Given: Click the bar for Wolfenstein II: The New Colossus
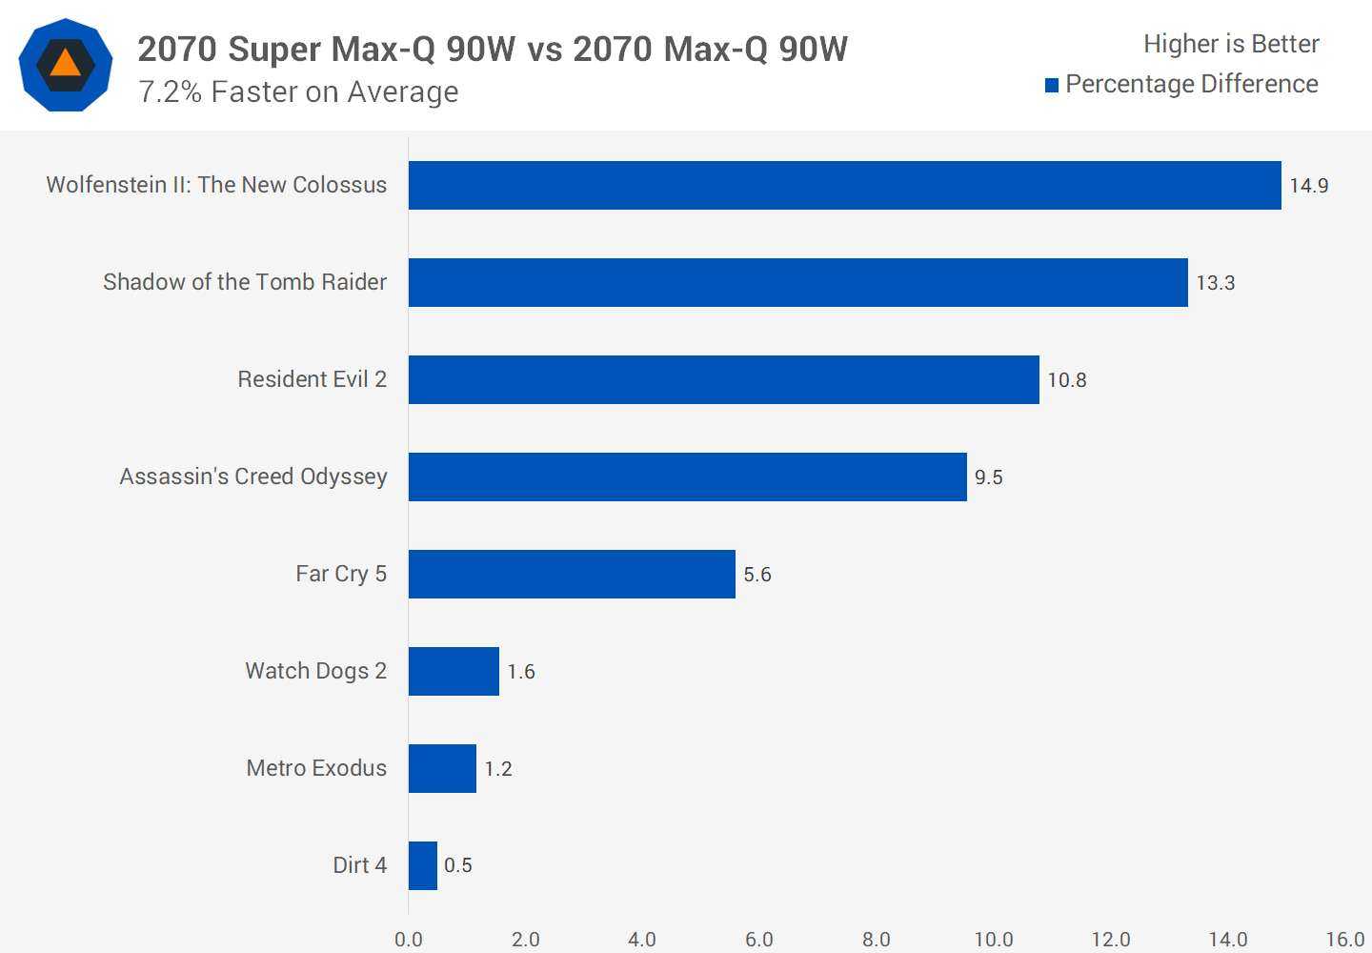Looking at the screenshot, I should [844, 185].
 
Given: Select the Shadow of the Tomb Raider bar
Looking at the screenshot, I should [797, 282].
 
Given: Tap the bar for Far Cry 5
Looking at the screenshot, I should [572, 574].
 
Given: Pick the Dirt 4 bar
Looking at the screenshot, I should [423, 865].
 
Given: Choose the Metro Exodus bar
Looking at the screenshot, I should [442, 768].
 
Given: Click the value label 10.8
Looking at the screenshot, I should [1066, 380].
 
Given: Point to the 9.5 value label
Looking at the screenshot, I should [988, 477].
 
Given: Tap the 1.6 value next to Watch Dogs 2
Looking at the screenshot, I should [521, 672].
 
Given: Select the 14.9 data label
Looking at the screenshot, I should [1308, 186].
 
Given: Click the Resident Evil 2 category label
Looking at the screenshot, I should [312, 379].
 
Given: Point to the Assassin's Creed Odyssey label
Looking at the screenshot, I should [252, 476].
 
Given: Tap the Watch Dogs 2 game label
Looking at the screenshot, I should [315, 671].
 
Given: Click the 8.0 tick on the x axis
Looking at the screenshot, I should [876, 940].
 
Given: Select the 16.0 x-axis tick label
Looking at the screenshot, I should [1344, 940].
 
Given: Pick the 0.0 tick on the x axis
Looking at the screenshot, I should [408, 940].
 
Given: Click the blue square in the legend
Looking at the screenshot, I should [1052, 86].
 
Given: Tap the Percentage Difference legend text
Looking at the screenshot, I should [1191, 84].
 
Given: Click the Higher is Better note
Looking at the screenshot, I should [1230, 44].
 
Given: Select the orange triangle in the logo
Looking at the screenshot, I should [65, 64].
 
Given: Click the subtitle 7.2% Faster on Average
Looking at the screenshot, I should [298, 92].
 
